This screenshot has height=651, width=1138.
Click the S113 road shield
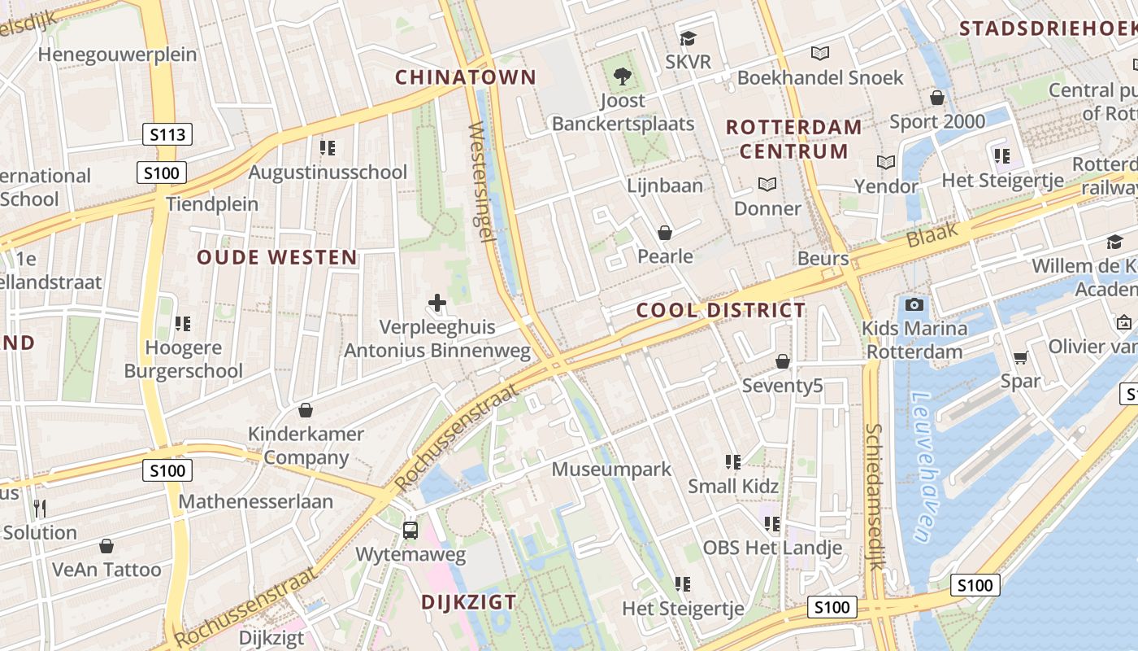pyautogui.click(x=167, y=134)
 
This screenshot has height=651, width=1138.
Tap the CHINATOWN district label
pyautogui.click(x=466, y=77)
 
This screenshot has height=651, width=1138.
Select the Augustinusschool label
pyautogui.click(x=328, y=172)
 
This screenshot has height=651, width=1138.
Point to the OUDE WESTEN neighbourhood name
pyautogui.click(x=277, y=258)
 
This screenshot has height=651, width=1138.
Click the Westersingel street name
pyautogui.click(x=482, y=181)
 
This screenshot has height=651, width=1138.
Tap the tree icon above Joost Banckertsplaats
pyautogui.click(x=623, y=77)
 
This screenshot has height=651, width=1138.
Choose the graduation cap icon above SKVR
pyautogui.click(x=688, y=38)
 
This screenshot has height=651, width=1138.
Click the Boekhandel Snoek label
pyautogui.click(x=820, y=77)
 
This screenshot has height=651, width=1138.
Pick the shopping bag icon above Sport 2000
pyautogui.click(x=937, y=98)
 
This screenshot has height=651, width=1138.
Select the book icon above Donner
pyautogui.click(x=767, y=184)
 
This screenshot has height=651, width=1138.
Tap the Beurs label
pyautogui.click(x=823, y=259)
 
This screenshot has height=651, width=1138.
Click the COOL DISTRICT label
pyautogui.click(x=721, y=310)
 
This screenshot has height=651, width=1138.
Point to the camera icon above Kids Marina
pyautogui.click(x=914, y=305)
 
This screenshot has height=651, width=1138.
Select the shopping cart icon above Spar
pyautogui.click(x=1020, y=357)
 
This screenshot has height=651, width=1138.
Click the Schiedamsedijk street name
pyautogui.click(x=874, y=496)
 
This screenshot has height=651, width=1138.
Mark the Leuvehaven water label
pyautogui.click(x=924, y=468)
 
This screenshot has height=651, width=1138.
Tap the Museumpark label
pyautogui.click(x=611, y=469)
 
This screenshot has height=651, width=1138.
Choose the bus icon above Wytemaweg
pyautogui.click(x=410, y=531)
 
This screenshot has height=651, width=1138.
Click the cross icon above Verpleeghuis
pyautogui.click(x=437, y=304)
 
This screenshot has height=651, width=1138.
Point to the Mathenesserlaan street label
pyautogui.click(x=255, y=501)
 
